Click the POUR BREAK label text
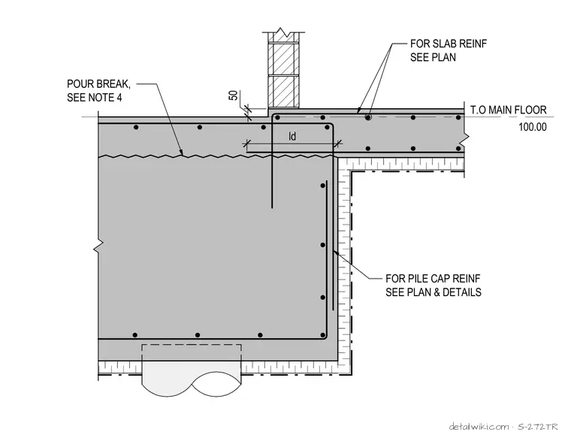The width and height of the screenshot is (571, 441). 98,84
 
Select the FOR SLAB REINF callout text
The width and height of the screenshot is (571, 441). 449,44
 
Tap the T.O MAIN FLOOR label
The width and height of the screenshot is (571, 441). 509,110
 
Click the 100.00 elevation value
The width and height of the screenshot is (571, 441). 533,127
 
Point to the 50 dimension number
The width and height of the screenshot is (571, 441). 234,95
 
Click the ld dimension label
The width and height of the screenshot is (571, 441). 292,136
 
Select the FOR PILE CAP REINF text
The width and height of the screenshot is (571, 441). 433,279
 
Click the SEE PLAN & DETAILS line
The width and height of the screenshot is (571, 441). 434,292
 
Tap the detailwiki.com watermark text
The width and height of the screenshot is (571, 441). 479,427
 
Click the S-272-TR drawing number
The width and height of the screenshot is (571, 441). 537,427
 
